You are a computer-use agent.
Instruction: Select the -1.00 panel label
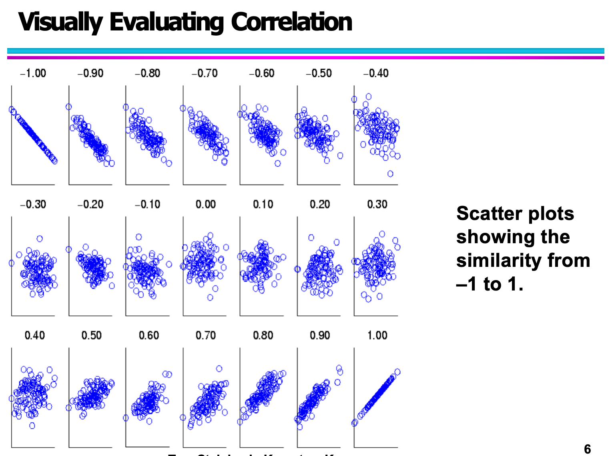[x=33, y=73]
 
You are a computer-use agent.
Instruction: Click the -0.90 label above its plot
[x=90, y=73]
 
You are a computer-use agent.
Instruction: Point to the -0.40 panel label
[x=376, y=73]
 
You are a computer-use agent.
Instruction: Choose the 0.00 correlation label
[x=205, y=204]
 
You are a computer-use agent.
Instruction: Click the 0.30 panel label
[x=377, y=204]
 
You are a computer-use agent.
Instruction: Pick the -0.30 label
[x=33, y=204]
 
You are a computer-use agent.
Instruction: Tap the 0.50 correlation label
[x=91, y=335]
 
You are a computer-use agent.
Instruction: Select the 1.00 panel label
[x=377, y=335]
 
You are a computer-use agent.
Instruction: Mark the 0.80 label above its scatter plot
[x=263, y=335]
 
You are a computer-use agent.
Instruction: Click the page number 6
[x=587, y=449]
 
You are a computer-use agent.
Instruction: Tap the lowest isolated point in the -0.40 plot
[x=390, y=174]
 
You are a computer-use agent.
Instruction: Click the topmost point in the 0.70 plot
[x=219, y=368]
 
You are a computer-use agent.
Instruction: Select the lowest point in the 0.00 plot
[x=210, y=297]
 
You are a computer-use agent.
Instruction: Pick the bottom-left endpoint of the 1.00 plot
[x=355, y=423]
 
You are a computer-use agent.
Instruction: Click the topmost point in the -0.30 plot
[x=40, y=238]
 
